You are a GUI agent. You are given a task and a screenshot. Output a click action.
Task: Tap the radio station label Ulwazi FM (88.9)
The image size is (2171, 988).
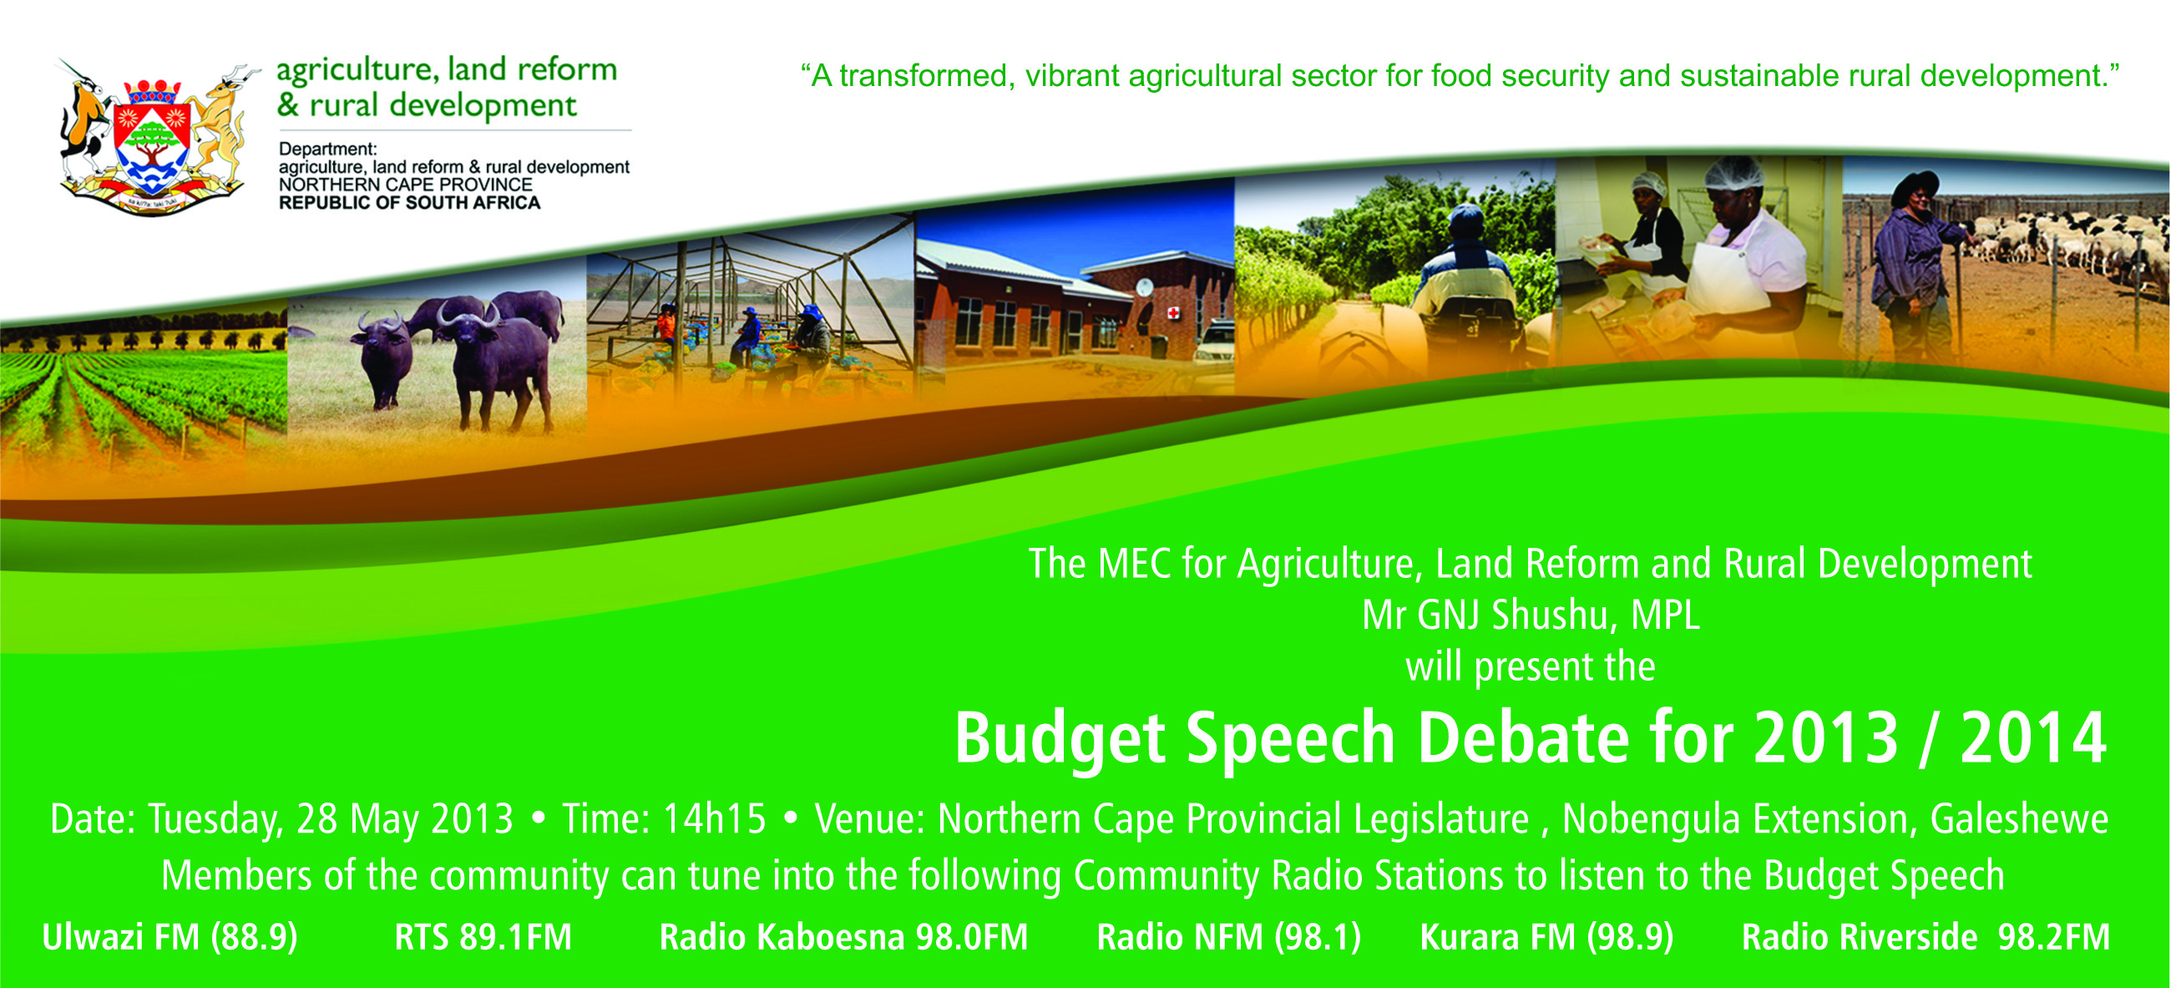point(170,937)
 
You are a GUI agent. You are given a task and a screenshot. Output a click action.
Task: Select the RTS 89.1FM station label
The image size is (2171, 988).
point(483,937)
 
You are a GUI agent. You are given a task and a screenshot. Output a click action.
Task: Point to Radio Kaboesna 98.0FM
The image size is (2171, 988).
point(843,937)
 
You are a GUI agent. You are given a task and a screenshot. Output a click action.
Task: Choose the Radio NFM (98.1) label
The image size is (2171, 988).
point(1229,937)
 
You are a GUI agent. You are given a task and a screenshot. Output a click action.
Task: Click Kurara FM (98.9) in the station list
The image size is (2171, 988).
point(1547,937)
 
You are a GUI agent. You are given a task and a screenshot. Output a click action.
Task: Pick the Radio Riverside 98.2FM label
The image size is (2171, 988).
point(1926,937)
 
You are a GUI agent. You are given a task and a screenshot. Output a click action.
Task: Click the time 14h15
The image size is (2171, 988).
point(715,818)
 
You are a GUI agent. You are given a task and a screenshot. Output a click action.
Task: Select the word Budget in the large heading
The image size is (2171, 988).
point(1060,738)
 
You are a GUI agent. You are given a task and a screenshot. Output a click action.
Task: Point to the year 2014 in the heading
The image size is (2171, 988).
point(2033,737)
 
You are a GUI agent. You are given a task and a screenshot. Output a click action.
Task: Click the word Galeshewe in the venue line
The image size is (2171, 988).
point(2019,818)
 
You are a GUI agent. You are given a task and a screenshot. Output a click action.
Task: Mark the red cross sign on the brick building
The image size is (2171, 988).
point(1172,312)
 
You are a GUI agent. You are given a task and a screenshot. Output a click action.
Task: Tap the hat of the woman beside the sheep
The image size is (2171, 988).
point(1915,185)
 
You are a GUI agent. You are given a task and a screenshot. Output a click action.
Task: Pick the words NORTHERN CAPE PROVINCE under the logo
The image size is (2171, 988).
point(405,185)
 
